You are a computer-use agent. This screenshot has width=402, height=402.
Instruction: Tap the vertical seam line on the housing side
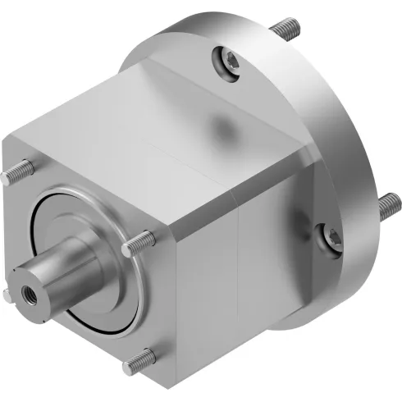(238, 271)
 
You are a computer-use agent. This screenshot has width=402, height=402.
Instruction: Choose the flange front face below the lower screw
(316, 283)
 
